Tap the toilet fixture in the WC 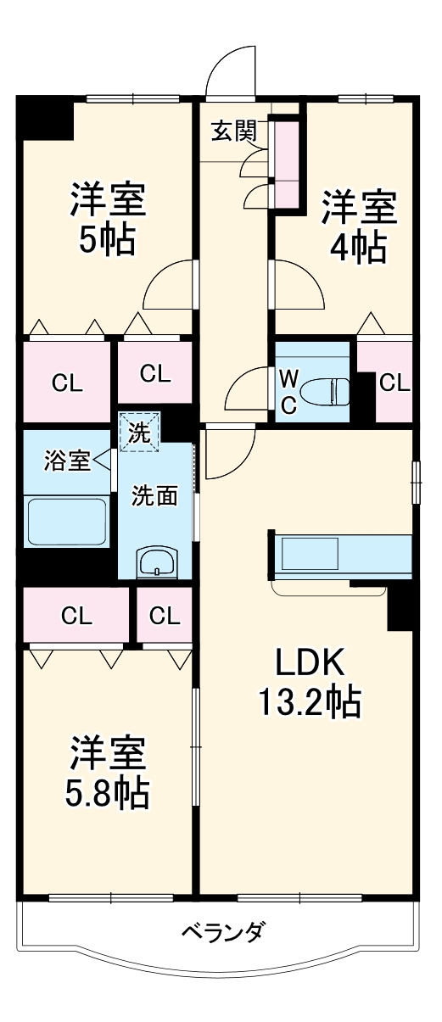coord(327,391)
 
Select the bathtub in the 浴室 coord(66,521)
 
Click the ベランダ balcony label coord(223,934)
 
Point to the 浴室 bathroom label coord(67,461)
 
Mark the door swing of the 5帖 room coord(170,286)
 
